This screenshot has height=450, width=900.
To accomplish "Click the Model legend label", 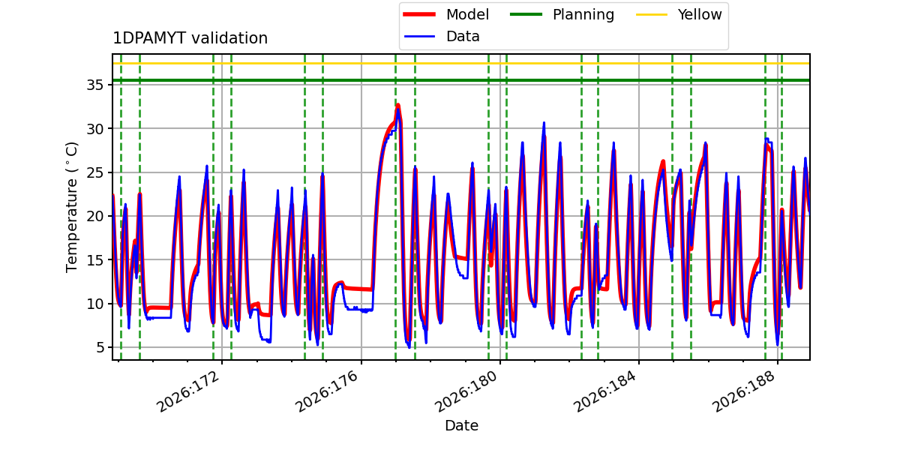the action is point(467,14).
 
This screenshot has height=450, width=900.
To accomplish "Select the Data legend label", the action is point(463,37).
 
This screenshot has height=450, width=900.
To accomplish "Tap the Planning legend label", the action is point(583,14).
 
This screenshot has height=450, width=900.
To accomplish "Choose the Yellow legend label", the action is point(700,14).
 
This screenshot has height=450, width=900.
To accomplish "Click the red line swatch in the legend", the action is point(419,14).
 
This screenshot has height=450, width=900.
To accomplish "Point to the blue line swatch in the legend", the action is point(419,37).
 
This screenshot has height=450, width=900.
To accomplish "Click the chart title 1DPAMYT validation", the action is point(190,38).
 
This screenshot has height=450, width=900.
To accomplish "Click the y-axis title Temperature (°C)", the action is point(71,207).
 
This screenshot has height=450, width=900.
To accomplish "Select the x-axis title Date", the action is point(461,425).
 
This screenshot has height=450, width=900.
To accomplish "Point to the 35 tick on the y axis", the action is point(94,85).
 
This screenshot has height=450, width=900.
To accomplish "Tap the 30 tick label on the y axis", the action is point(94,129).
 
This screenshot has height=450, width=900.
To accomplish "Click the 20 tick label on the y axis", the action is point(94,216).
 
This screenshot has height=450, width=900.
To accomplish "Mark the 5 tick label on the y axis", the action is point(100,347).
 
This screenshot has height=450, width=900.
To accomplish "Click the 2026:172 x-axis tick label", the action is point(188,391).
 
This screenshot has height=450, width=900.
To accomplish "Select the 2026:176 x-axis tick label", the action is point(327,391).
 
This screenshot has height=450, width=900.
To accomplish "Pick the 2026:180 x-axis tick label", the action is point(466,391).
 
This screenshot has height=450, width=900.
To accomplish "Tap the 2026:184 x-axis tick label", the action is point(604,391).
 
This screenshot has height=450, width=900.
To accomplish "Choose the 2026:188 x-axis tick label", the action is point(743,391).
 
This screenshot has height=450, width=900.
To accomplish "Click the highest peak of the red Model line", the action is point(397,105).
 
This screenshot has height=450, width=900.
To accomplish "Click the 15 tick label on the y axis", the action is point(94,260).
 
